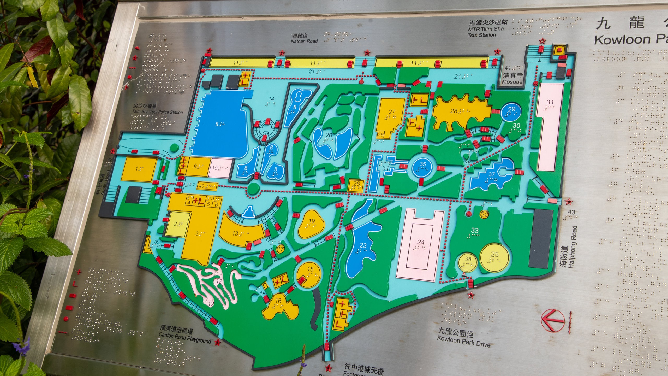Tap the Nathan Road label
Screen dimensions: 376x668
[x=304, y=41]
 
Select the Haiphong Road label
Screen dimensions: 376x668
[x=573, y=247]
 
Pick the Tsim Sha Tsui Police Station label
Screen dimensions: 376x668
[x=157, y=112]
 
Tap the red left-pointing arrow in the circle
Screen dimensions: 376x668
[x=553, y=320]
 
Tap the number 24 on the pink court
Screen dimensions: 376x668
[x=421, y=242]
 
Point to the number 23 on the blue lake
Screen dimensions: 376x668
[x=363, y=245]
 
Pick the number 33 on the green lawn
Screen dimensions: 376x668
[x=475, y=230]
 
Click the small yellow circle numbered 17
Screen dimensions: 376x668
[x=281, y=249]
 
